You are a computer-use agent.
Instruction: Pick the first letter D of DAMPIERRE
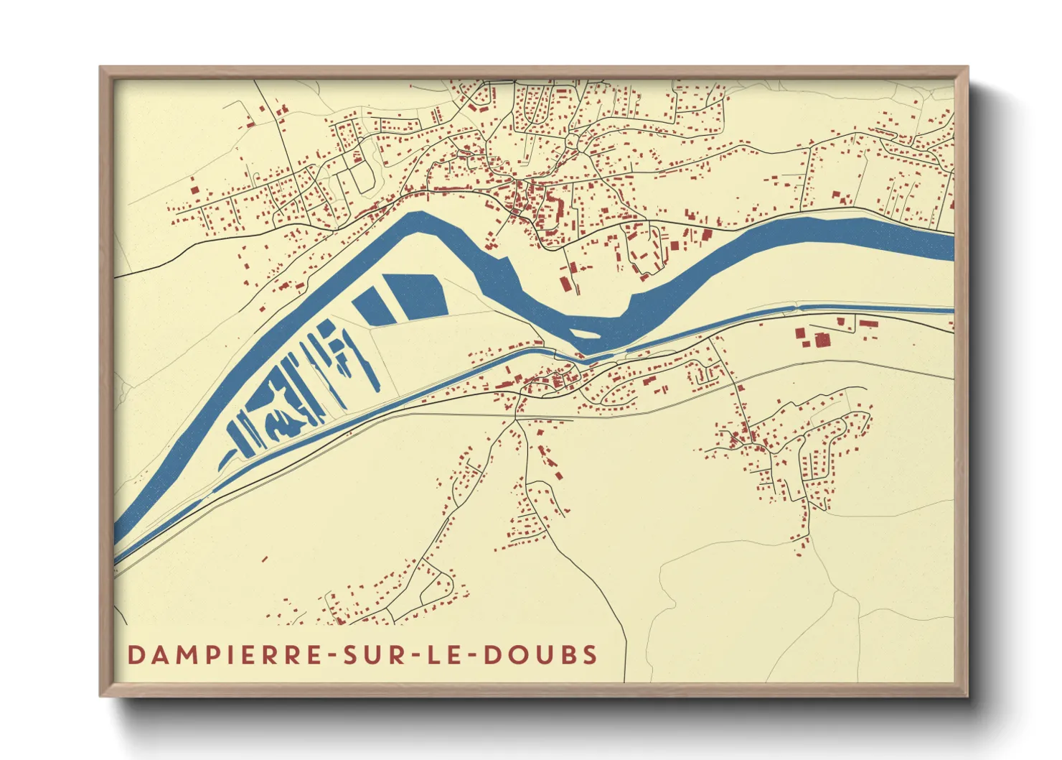tap(136, 655)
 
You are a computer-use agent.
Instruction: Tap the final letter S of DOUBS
tap(590, 655)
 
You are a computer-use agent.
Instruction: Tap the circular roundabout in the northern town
tap(572, 142)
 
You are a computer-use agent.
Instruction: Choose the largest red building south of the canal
tap(822, 339)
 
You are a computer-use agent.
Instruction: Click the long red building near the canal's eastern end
tap(868, 324)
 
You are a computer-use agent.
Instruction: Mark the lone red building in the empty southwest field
tap(264, 558)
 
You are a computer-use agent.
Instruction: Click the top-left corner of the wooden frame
tap(102, 69)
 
